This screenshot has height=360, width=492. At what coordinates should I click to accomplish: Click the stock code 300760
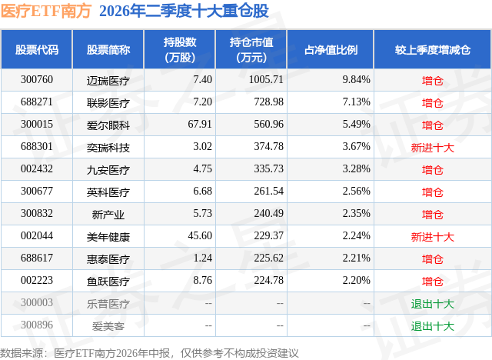click(37, 80)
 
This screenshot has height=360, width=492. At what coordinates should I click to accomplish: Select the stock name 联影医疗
click(108, 103)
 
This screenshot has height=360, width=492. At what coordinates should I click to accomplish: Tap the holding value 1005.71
click(266, 80)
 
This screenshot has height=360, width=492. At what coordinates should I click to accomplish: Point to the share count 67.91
click(200, 125)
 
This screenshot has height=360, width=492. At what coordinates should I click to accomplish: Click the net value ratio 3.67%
click(356, 147)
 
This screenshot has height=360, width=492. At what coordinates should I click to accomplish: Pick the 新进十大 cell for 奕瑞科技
click(432, 148)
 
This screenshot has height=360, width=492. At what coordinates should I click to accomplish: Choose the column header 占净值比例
click(331, 49)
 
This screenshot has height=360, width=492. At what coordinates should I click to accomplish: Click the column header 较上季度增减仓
click(433, 49)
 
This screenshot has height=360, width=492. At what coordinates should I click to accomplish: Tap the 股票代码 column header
click(37, 49)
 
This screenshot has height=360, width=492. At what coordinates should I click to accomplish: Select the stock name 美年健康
click(108, 237)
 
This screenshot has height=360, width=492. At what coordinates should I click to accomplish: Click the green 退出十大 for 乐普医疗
click(432, 304)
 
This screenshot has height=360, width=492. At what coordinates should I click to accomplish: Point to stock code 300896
click(37, 325)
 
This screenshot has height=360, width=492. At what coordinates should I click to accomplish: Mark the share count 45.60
click(200, 235)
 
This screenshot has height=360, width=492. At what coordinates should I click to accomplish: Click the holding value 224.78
click(268, 280)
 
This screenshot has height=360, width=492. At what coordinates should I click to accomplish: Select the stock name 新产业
click(108, 215)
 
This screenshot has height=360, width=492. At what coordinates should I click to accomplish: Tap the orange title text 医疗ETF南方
click(46, 11)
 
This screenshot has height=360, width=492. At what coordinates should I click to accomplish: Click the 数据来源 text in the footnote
click(22, 353)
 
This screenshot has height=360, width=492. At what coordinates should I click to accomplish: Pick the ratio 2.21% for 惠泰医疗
click(356, 258)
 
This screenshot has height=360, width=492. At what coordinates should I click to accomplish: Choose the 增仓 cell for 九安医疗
click(432, 170)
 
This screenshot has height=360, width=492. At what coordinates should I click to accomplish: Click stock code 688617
click(37, 258)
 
